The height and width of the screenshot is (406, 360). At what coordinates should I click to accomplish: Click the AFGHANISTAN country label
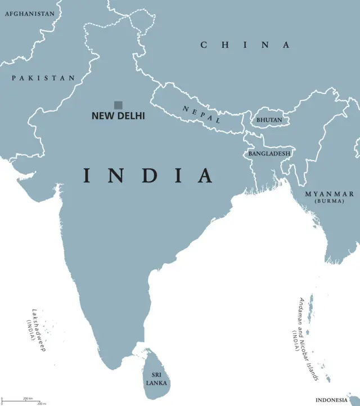[30, 14]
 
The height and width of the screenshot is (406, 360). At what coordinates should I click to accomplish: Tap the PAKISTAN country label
[43, 78]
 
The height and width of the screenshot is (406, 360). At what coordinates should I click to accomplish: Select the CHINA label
[245, 45]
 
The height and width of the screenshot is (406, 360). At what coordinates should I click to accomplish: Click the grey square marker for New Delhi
[118, 105]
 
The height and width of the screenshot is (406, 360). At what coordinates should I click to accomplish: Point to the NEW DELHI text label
[118, 116]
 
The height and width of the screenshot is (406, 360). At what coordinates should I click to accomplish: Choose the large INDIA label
[148, 176]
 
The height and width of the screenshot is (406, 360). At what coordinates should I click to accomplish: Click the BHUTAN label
[269, 120]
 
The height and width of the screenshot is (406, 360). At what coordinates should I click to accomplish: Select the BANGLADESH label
[270, 153]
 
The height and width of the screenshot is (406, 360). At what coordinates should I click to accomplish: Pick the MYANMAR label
[330, 194]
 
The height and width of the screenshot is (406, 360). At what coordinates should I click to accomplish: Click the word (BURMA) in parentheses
[330, 201]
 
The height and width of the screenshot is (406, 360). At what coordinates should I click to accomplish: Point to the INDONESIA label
[335, 399]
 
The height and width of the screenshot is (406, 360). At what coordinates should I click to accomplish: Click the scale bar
[22, 401]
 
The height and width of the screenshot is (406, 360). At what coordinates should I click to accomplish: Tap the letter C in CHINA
[204, 45]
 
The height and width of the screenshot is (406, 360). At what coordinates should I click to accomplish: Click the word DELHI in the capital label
[132, 116]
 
